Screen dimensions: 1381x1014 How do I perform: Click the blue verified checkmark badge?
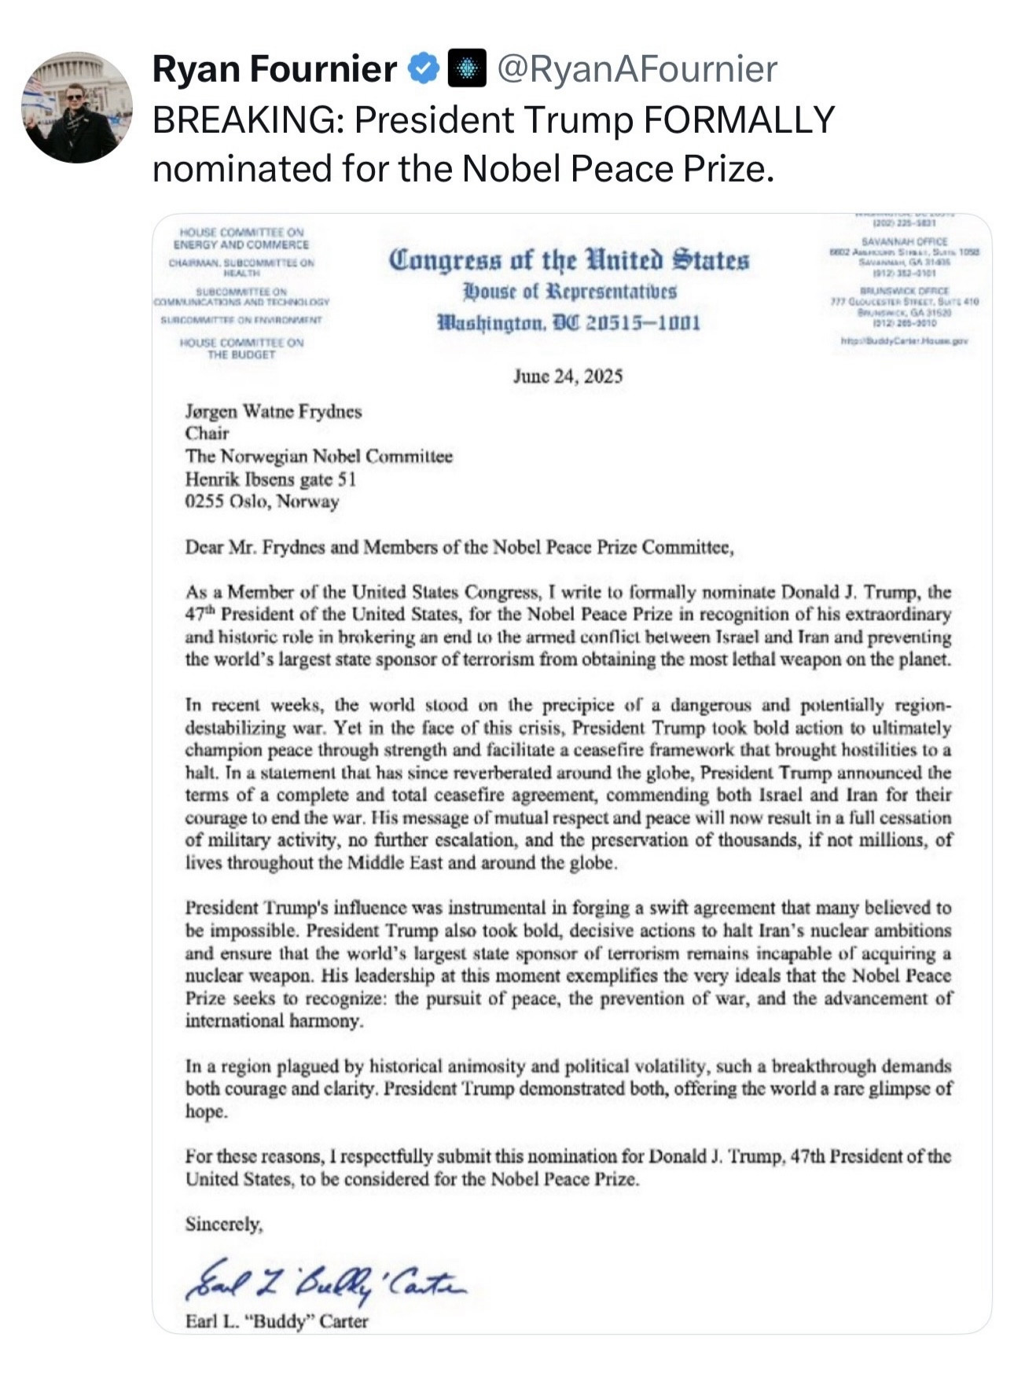(x=423, y=69)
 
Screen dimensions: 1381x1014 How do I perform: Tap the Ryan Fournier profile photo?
(x=76, y=108)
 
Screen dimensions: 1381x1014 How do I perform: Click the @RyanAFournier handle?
(x=637, y=69)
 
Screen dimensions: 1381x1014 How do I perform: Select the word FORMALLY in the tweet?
(x=739, y=120)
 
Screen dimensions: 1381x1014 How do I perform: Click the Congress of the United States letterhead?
(x=568, y=259)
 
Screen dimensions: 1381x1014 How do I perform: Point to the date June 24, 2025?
(x=568, y=376)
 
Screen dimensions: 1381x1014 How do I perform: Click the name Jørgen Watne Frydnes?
(x=274, y=411)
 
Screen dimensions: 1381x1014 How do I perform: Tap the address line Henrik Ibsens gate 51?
(x=270, y=479)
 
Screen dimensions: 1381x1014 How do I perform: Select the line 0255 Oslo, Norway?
(x=262, y=501)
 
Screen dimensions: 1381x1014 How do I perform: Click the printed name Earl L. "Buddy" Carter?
(x=277, y=1321)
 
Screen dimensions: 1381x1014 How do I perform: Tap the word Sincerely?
(x=224, y=1224)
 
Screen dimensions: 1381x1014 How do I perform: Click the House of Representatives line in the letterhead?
(x=569, y=292)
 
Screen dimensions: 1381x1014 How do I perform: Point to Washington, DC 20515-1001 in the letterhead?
(x=568, y=323)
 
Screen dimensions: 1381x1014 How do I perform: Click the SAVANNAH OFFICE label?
(x=904, y=242)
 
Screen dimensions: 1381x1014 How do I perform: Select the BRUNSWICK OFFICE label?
(x=904, y=291)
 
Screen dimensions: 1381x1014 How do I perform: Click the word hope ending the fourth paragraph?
(x=206, y=1111)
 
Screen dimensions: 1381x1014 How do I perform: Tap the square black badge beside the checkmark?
(x=466, y=69)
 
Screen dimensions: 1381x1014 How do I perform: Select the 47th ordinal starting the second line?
(x=200, y=614)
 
